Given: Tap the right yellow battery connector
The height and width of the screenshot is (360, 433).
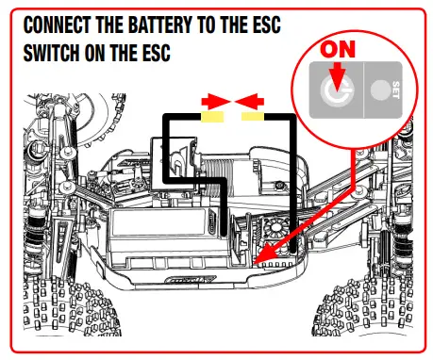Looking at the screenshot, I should coord(253,117).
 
